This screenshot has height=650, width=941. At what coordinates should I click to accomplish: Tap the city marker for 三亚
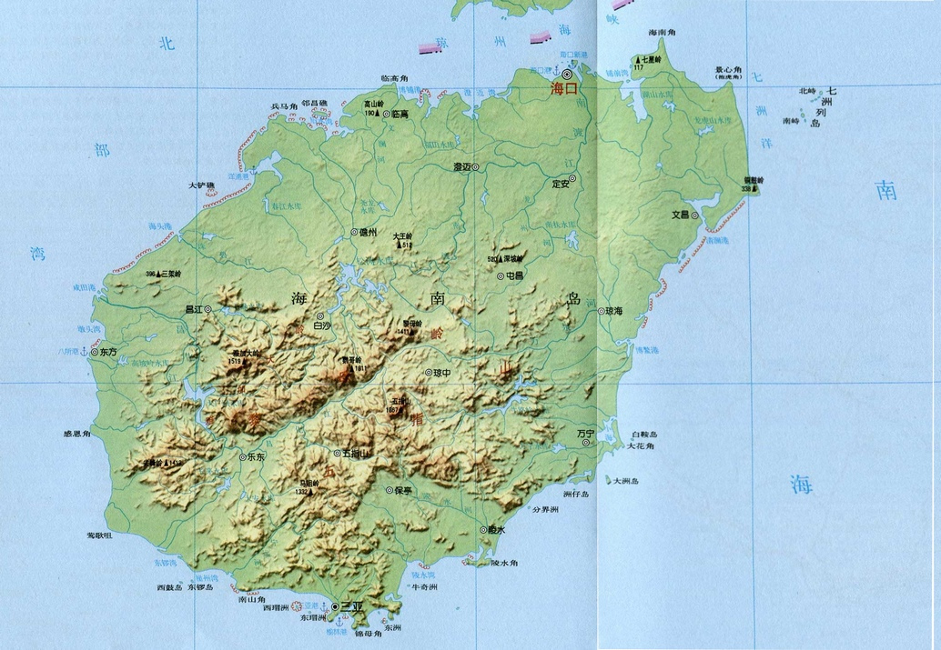click(x=335, y=606)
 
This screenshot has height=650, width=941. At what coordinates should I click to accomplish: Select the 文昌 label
click(x=680, y=215)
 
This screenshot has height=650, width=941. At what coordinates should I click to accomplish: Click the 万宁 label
click(x=584, y=435)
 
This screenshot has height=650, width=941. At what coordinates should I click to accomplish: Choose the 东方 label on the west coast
click(x=108, y=351)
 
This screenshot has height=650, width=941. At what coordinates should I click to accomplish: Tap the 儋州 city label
click(x=369, y=233)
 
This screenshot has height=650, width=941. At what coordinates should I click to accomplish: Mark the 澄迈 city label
click(x=463, y=167)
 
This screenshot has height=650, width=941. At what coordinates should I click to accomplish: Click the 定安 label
click(x=561, y=184)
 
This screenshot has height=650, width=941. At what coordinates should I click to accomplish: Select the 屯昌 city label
click(x=515, y=275)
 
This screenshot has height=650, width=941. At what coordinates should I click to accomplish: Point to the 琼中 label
click(x=442, y=373)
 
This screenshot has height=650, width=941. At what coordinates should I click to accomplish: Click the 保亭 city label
click(x=404, y=490)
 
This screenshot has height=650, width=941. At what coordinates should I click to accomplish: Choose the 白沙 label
click(x=322, y=325)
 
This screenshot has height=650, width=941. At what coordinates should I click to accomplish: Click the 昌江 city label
click(x=194, y=310)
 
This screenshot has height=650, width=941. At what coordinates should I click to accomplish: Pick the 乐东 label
click(x=256, y=457)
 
